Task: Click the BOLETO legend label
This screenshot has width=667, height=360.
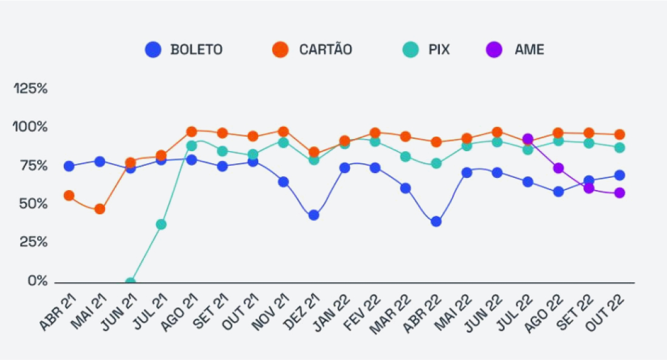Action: click(196, 50)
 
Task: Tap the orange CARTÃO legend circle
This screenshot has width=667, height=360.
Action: click(280, 50)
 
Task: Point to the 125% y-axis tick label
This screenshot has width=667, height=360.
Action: click(30, 89)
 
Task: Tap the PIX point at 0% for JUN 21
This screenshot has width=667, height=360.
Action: click(130, 282)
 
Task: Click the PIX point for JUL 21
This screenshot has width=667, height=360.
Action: click(161, 225)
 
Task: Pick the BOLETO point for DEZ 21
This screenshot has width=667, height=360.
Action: click(313, 215)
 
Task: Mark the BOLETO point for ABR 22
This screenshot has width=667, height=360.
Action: click(436, 222)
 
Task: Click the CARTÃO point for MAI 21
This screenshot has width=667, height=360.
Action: click(100, 209)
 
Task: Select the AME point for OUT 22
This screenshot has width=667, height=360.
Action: click(619, 193)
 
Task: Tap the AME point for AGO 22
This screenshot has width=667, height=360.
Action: click(558, 168)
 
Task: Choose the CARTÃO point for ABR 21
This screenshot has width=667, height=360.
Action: click(69, 195)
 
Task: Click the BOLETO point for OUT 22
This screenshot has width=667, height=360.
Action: click(619, 175)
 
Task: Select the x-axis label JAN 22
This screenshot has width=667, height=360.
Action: click(333, 312)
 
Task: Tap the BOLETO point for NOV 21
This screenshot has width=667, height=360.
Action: click(283, 182)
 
